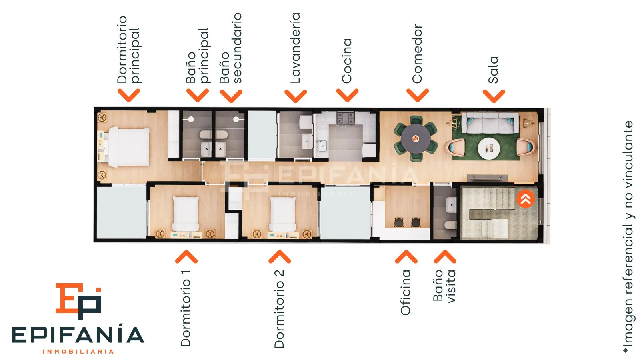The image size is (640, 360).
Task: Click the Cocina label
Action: tap(346, 61)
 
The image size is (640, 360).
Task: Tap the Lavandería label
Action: tap(295, 48)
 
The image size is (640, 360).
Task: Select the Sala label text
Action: tap(493, 70)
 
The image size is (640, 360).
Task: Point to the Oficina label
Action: tap(406, 292)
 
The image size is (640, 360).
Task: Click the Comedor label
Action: tap(417, 54)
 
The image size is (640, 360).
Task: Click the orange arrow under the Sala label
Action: tap(494, 96)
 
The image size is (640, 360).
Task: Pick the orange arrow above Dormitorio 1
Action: tap(186, 256)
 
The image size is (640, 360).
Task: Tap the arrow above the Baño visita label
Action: tap(445, 256)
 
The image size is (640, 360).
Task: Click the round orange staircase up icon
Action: tap(526, 199)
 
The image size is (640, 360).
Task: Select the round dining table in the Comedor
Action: tap(416, 138)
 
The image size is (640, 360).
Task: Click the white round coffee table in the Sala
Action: tap(489, 148)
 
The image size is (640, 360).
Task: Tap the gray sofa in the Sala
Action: tap(490, 123)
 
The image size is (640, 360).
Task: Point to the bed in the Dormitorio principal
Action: tap(128, 147)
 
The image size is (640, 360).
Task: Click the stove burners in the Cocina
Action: tap(346, 118)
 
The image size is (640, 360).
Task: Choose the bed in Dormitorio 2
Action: tap(282, 214)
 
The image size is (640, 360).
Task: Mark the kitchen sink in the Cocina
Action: tap(322, 146)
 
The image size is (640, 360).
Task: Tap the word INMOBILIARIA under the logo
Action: tap(78, 352)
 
